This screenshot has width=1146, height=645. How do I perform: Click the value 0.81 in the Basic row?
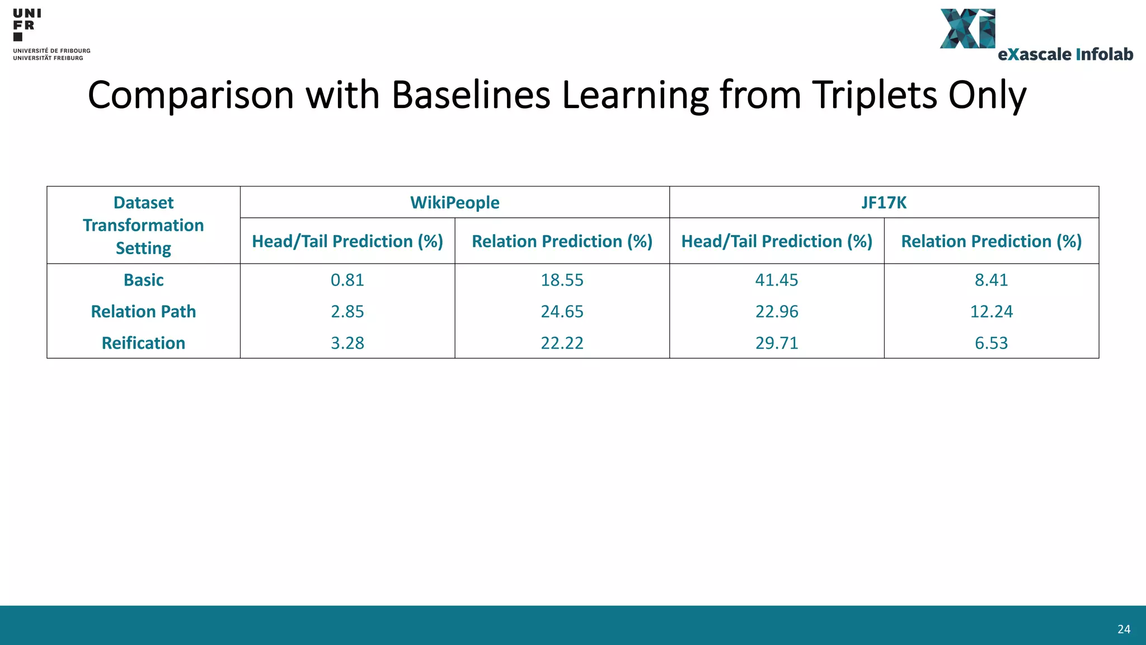(x=347, y=280)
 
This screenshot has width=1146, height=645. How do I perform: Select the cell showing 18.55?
(x=562, y=280)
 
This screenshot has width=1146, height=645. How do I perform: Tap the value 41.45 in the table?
(x=777, y=280)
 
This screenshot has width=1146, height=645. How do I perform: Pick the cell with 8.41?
(x=991, y=280)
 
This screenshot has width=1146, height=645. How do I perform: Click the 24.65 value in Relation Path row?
(x=562, y=311)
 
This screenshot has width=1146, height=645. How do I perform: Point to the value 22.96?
(x=777, y=311)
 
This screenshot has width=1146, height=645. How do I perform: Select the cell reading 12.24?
(x=991, y=311)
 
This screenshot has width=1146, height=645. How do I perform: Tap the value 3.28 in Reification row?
(x=347, y=343)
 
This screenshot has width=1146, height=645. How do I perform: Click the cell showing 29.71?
(x=777, y=343)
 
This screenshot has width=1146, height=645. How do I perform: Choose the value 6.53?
(x=991, y=343)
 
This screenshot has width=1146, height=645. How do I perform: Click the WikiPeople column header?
(x=454, y=202)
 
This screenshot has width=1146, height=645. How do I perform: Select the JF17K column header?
(x=884, y=202)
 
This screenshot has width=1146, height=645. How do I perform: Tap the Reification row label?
(x=143, y=343)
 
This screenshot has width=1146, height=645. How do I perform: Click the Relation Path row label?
(x=143, y=311)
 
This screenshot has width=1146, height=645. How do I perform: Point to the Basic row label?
(x=143, y=280)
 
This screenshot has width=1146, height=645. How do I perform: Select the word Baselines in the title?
(x=471, y=95)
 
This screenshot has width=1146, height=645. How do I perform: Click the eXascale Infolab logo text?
(x=1065, y=54)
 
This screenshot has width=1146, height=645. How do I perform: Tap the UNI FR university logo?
(x=27, y=25)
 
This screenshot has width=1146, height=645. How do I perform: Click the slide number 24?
(x=1124, y=629)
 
